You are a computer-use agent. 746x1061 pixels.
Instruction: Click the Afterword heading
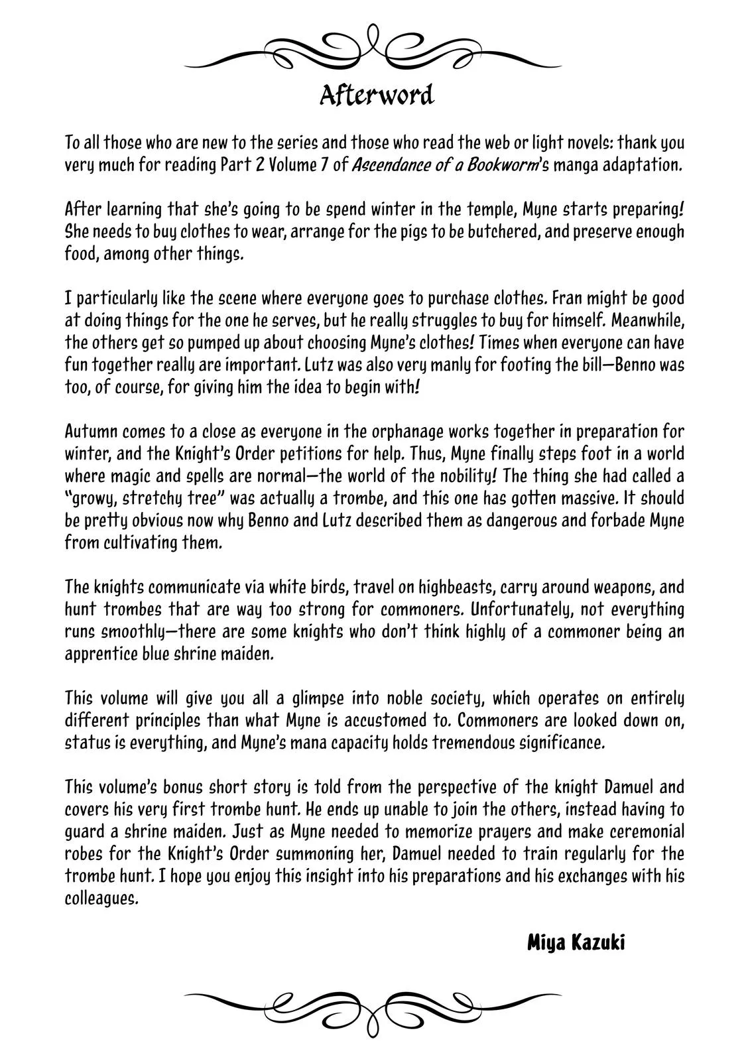[x=376, y=95]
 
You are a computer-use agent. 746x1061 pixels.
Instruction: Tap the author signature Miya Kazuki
[x=576, y=942]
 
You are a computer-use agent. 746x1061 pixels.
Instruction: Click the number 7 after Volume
[x=324, y=164]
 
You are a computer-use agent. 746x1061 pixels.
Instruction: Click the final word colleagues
[x=102, y=900]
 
